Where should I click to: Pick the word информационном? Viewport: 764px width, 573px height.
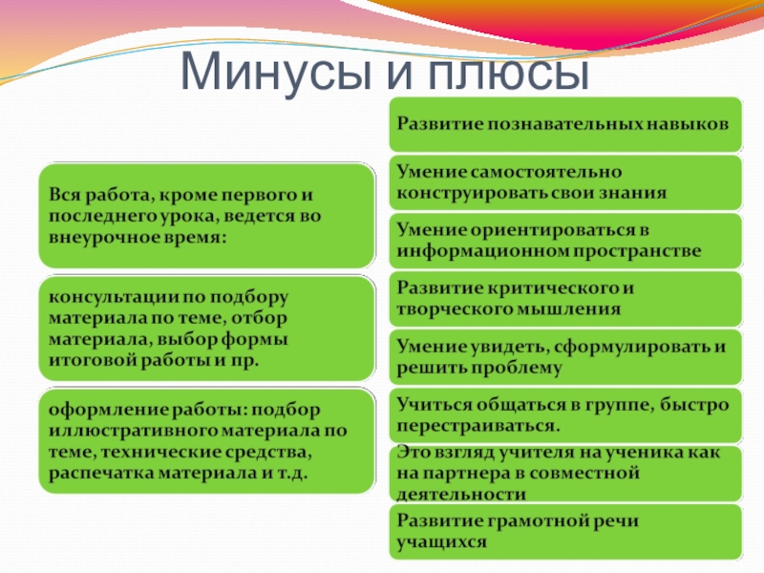pos(481,251)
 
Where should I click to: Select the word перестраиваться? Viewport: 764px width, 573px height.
pos(478,426)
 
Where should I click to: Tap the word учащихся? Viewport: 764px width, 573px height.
pos(441,542)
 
